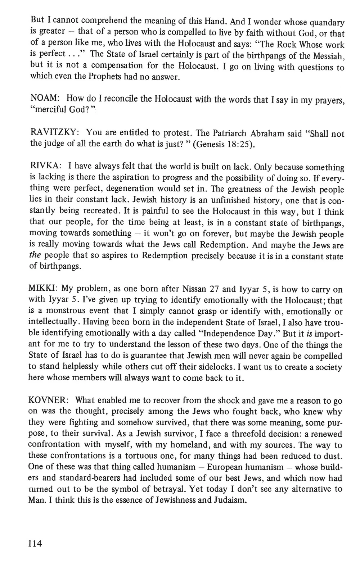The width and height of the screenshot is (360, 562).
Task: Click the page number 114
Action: (x=35, y=543)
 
